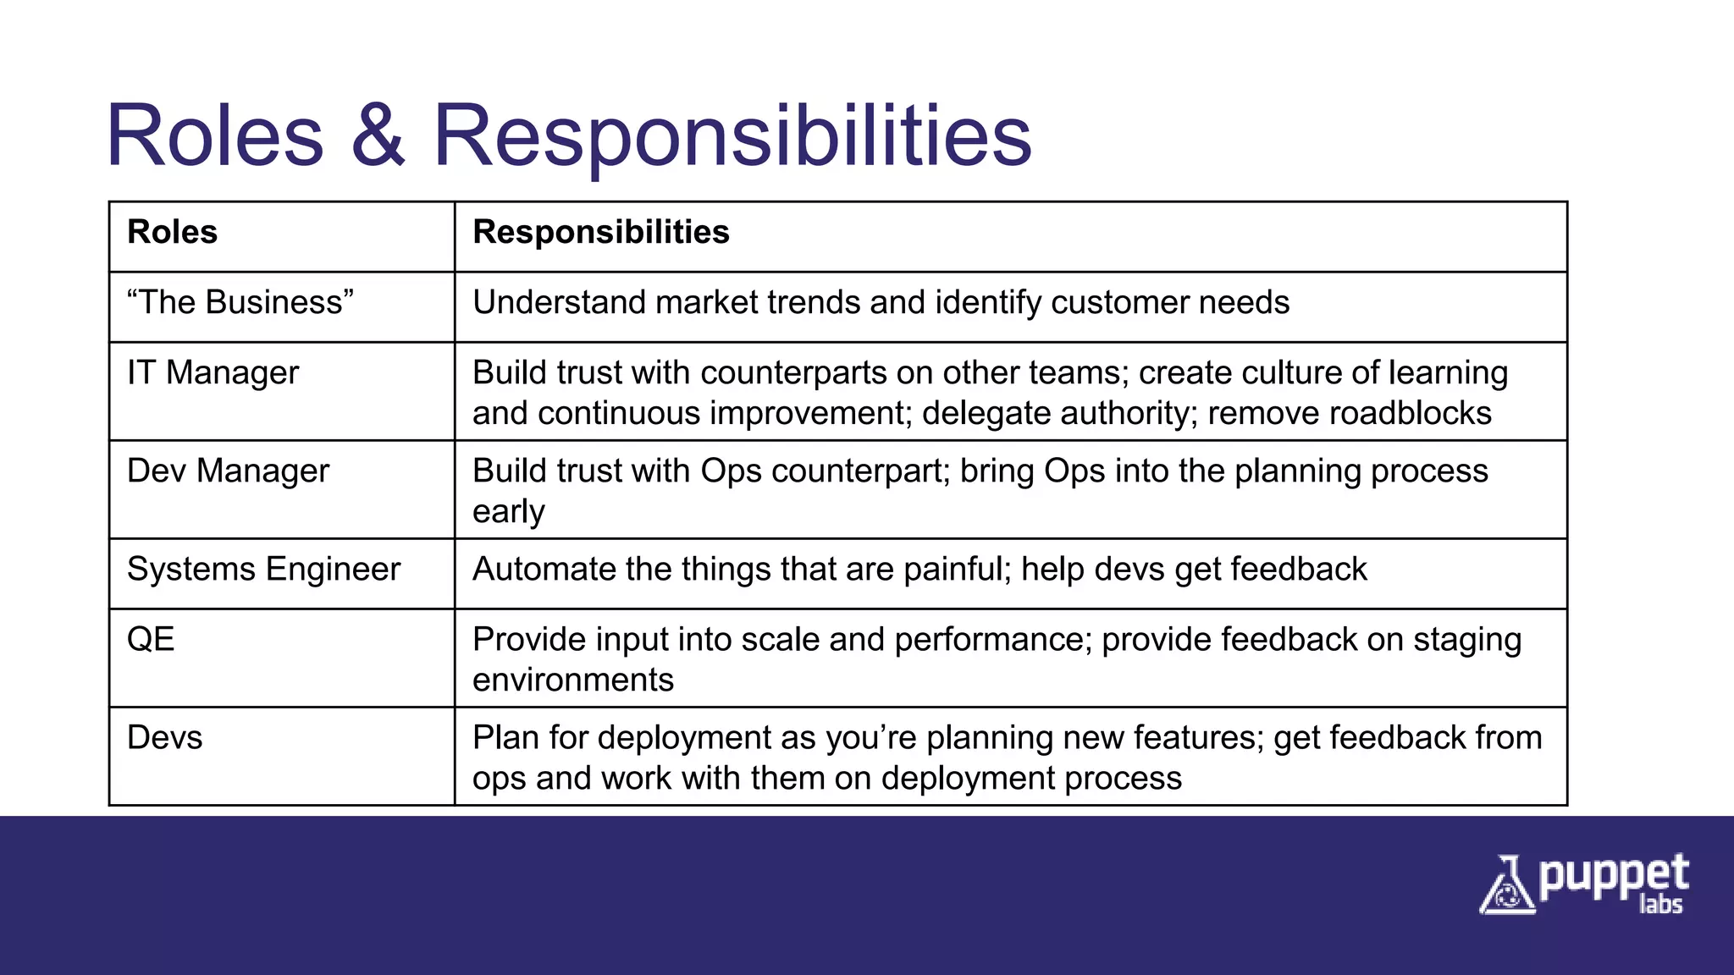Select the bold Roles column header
coord(172,232)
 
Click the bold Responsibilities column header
coord(600,232)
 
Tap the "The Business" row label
coord(240,302)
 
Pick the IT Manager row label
coord(213,372)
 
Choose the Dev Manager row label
coord(228,471)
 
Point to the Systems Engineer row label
coord(263,569)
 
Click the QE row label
coord(151,639)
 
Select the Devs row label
coord(164,737)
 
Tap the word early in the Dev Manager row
coord(508,512)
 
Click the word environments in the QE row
coord(572,680)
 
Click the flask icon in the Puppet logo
coord(1506,886)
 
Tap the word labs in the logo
coord(1660,904)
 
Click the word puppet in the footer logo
coord(1613,877)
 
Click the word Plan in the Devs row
coord(505,737)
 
